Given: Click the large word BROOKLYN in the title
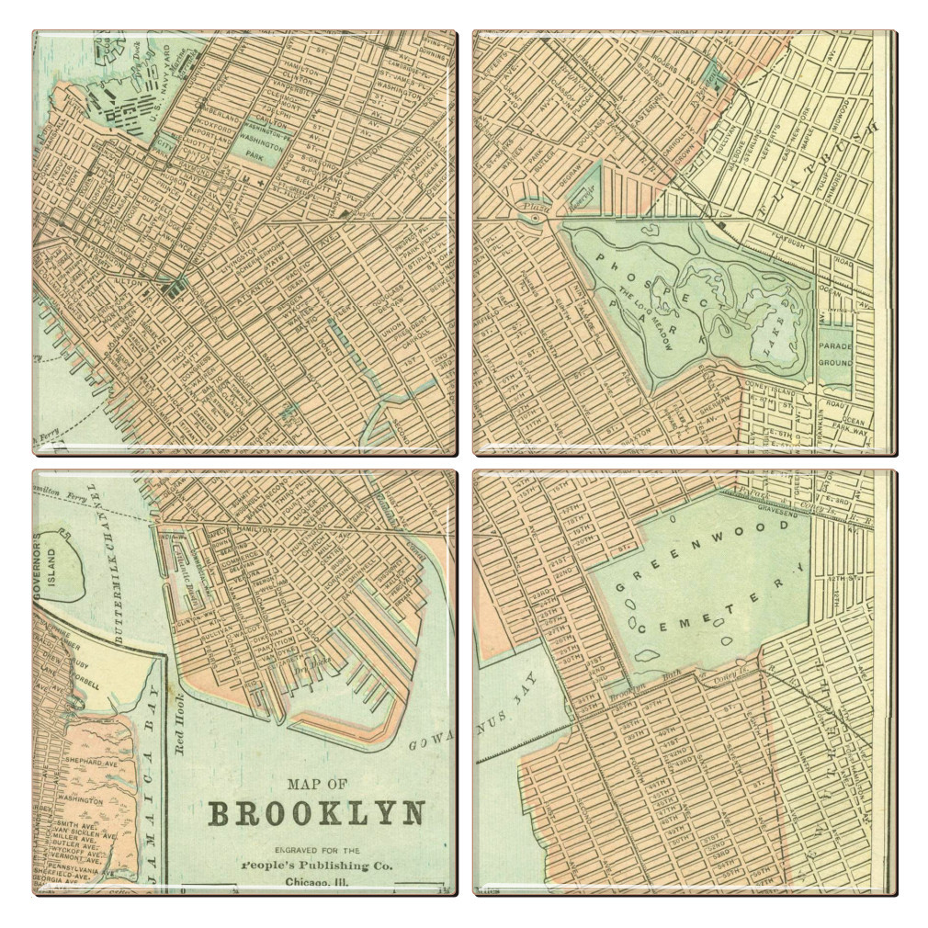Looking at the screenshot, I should pos(317,813).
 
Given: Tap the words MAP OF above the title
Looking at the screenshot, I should pos(317,785).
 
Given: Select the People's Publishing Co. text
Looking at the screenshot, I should pos(317,866).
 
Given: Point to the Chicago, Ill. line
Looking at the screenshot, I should pos(317,884).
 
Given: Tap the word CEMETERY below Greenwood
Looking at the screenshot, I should pos(711,607).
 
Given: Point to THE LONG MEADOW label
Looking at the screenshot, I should pos(647,317).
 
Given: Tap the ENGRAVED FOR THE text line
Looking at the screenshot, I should pos(317,850).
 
